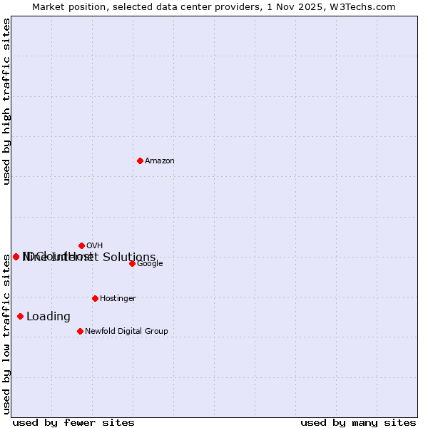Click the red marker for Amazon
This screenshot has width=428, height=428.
pos(140,160)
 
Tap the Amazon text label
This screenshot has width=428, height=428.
pos(160,161)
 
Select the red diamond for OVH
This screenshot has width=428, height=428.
pos(81,245)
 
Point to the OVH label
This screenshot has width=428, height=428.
pos(94,246)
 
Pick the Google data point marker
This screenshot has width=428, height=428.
pos(132,263)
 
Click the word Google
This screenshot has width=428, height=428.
pos(150,264)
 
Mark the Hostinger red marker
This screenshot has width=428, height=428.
pos(95,298)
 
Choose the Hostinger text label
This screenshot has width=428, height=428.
pos(118,299)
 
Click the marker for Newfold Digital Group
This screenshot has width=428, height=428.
pos(80,331)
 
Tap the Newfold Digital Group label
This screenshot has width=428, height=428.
pos(126,332)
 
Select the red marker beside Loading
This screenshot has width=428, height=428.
pos(20,316)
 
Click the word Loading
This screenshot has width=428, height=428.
pos(49,317)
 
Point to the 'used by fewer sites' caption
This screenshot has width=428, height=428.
pos(73,423)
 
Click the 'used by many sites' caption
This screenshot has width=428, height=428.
pos(358,423)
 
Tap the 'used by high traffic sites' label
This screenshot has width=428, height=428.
pos(6,101)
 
